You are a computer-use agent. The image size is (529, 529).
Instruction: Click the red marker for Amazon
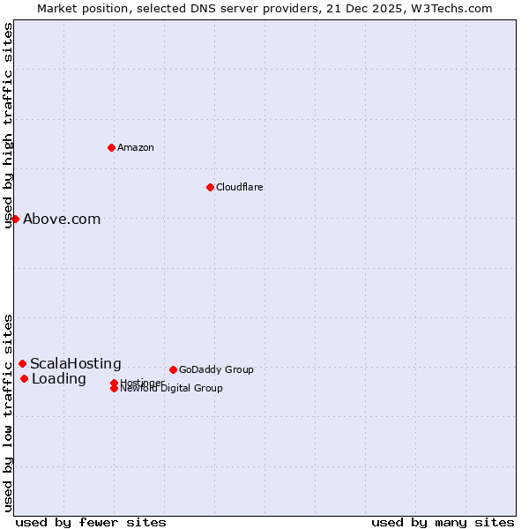point(111,147)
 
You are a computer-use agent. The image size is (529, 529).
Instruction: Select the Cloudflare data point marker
point(210,187)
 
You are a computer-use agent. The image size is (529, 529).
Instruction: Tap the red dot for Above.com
point(15,219)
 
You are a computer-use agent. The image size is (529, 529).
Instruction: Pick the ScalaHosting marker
point(22,363)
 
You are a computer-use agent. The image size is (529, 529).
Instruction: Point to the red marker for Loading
point(24,379)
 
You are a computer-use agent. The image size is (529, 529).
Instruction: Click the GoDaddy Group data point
point(173,369)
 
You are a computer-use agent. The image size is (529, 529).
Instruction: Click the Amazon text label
point(135,147)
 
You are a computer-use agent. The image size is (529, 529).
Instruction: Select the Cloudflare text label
point(239,187)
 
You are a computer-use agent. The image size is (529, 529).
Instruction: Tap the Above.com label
point(62,220)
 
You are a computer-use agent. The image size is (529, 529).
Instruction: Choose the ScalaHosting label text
point(75,364)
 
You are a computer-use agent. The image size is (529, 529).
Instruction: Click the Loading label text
point(58,379)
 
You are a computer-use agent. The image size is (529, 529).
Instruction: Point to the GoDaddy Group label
point(216,369)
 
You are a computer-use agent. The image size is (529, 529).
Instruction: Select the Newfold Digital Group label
point(171,389)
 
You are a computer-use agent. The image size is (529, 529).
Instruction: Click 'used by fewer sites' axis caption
point(91,522)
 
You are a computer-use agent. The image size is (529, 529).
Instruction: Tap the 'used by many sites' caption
point(443,522)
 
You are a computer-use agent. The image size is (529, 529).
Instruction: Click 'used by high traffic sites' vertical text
point(9,126)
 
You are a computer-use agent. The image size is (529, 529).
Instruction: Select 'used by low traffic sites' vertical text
point(9,413)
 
